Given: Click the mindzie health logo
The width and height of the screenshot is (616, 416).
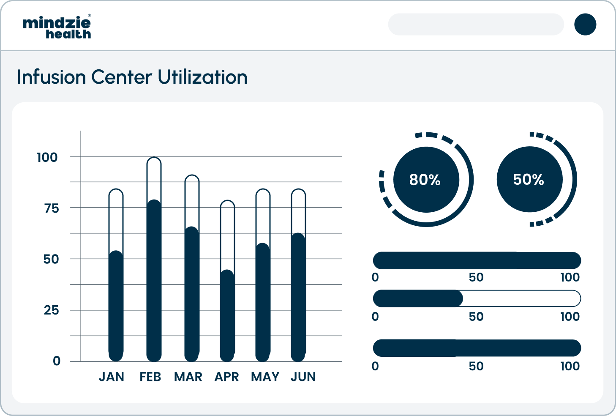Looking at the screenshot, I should pos(57,27).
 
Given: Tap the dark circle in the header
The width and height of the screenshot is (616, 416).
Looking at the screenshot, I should pos(585,25).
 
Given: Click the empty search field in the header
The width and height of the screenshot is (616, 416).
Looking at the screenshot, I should pos(476,25).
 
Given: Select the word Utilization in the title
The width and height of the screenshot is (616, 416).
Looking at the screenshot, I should pos(203,77).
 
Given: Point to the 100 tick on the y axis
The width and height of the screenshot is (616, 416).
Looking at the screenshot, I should pos(47,157).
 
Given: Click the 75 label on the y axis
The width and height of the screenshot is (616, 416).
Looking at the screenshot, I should pos(51,208).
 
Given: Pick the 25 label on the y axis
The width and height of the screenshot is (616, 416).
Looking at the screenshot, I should pos(51,310).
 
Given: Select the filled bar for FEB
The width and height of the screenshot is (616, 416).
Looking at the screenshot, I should pos(154,281).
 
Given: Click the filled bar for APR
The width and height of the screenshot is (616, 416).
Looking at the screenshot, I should pos(227,316).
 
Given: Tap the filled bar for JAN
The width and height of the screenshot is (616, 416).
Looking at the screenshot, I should pos(116,307).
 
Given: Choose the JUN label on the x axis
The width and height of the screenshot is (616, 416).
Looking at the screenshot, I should pos(303,377).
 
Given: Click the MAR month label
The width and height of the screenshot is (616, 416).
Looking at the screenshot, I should pos(188,377).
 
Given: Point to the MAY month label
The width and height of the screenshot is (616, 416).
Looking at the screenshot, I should pos(265,377).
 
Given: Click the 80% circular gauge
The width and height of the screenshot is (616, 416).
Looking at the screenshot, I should pos(426,180).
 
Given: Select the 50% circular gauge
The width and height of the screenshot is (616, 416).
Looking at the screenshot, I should pos(529,180).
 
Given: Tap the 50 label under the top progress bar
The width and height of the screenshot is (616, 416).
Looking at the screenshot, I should pos(476,277).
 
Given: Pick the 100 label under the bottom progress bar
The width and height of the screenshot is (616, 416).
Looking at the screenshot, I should pos(570,366).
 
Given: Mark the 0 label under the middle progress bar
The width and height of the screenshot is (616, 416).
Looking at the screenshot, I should pos(375,317).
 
